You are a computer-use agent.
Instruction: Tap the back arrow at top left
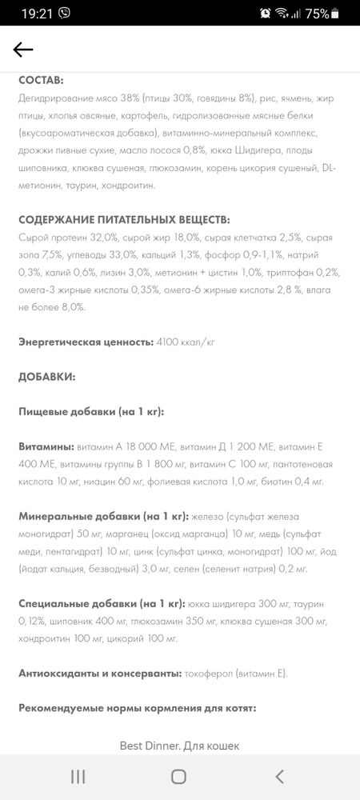click(x=23, y=50)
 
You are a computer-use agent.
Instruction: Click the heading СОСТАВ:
click(x=41, y=81)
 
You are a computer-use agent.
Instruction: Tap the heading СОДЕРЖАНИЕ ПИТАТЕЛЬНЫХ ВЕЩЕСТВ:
click(x=124, y=219)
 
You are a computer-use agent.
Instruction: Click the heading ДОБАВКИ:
click(x=47, y=376)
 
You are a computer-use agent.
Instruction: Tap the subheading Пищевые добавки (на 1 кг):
click(x=91, y=410)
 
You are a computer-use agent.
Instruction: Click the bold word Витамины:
click(x=46, y=446)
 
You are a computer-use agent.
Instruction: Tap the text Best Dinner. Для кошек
click(x=179, y=746)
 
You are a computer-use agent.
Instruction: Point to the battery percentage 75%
click(x=317, y=13)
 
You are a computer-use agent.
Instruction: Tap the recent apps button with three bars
click(x=78, y=776)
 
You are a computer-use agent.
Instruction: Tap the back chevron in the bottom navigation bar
click(x=279, y=776)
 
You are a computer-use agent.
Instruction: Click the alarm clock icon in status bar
click(x=265, y=13)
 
